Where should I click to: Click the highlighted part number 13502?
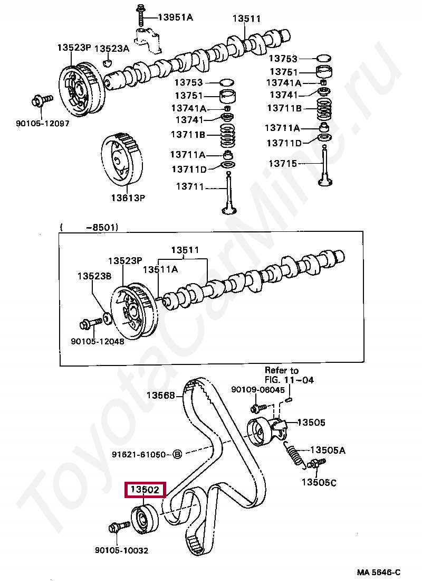pos(145,490)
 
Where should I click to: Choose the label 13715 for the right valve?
pos(284,164)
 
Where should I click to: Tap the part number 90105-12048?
pos(98,341)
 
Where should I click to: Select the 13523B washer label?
pos(94,276)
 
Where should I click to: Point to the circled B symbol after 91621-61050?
pos(177,454)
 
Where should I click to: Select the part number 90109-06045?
pos(258,390)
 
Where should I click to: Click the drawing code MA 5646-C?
pos(378,573)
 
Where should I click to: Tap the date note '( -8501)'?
pos(89,227)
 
